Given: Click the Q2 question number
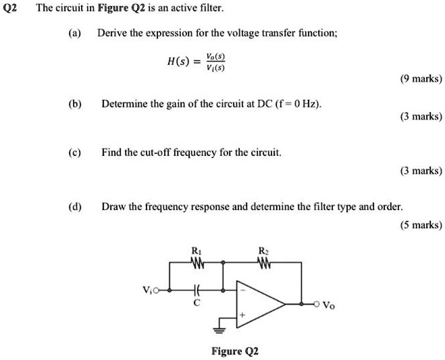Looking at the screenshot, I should (x=10, y=9).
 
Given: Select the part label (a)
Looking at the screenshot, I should (x=75, y=32).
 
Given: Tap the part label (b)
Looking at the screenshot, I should (x=75, y=104).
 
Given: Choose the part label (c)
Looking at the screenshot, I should (x=75, y=152).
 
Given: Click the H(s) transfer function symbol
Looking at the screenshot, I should (x=178, y=62).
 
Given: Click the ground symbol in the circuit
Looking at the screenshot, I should (x=219, y=332).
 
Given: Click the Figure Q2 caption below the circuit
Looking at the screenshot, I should (x=235, y=351).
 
